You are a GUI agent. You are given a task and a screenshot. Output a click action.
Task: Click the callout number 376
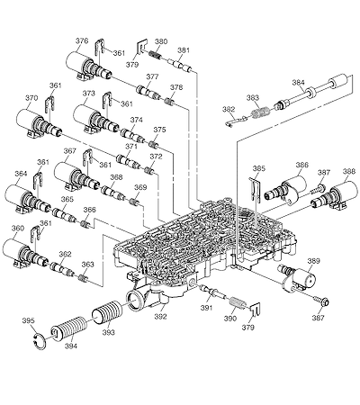[82, 40]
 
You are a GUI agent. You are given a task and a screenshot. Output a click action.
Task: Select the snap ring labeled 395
[40, 341]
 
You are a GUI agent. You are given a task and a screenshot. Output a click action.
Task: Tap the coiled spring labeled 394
[68, 328]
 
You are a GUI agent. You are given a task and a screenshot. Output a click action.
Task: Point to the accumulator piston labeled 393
[106, 312]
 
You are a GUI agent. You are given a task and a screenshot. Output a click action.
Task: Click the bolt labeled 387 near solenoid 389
[323, 301]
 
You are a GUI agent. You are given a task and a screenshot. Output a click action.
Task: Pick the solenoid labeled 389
[299, 277]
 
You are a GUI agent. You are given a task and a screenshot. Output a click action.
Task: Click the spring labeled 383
[260, 112]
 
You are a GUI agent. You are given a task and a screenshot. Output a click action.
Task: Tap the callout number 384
[299, 83]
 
